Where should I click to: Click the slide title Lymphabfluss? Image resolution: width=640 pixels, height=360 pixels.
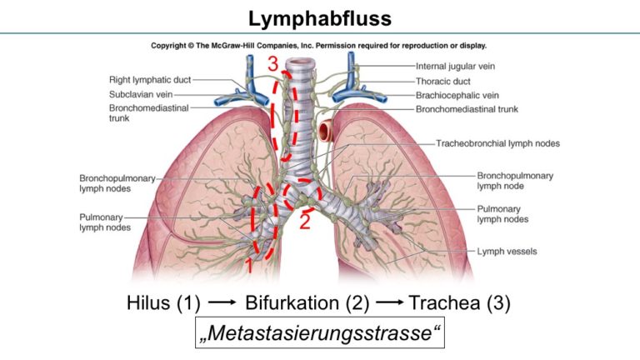pos(320,19)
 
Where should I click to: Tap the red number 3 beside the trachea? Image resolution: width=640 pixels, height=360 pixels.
pos(273,63)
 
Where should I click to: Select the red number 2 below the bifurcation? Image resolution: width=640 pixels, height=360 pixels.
pos(305,221)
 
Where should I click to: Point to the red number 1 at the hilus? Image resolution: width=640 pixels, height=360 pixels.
pos(247,265)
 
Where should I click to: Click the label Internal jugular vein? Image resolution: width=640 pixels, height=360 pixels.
pos(455,66)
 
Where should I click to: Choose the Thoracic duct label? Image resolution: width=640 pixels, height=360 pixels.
pos(442,81)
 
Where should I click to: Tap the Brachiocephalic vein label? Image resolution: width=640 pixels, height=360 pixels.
pos(457,95)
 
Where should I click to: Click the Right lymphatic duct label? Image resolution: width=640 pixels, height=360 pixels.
pos(150,80)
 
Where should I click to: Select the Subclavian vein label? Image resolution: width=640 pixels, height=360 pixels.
pos(141,95)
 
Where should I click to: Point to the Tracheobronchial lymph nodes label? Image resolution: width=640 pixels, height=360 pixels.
pos(497,143)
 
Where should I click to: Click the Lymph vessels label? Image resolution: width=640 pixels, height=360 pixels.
pos(507,252)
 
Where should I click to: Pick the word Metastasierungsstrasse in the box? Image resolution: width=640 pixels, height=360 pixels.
pos(320,332)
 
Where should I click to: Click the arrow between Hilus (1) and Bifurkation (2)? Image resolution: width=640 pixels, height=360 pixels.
pos(222,302)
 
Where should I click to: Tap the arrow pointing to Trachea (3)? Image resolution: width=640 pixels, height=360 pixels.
pos(389,302)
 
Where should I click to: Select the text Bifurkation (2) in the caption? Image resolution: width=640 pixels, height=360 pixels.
pos(307,302)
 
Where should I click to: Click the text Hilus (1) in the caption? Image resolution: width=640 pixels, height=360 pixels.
pos(163,302)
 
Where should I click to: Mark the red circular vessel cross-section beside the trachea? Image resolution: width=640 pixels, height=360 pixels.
pos(326,130)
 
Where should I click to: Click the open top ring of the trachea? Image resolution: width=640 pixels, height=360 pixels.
pos(301,62)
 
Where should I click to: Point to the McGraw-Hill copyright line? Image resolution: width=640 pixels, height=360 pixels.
pos(318,46)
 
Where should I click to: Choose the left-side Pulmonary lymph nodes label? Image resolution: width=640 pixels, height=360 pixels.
pos(105,222)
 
